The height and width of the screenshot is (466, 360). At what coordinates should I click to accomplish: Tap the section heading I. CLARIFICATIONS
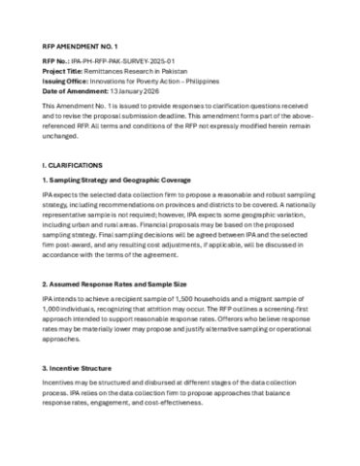pos(76,166)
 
